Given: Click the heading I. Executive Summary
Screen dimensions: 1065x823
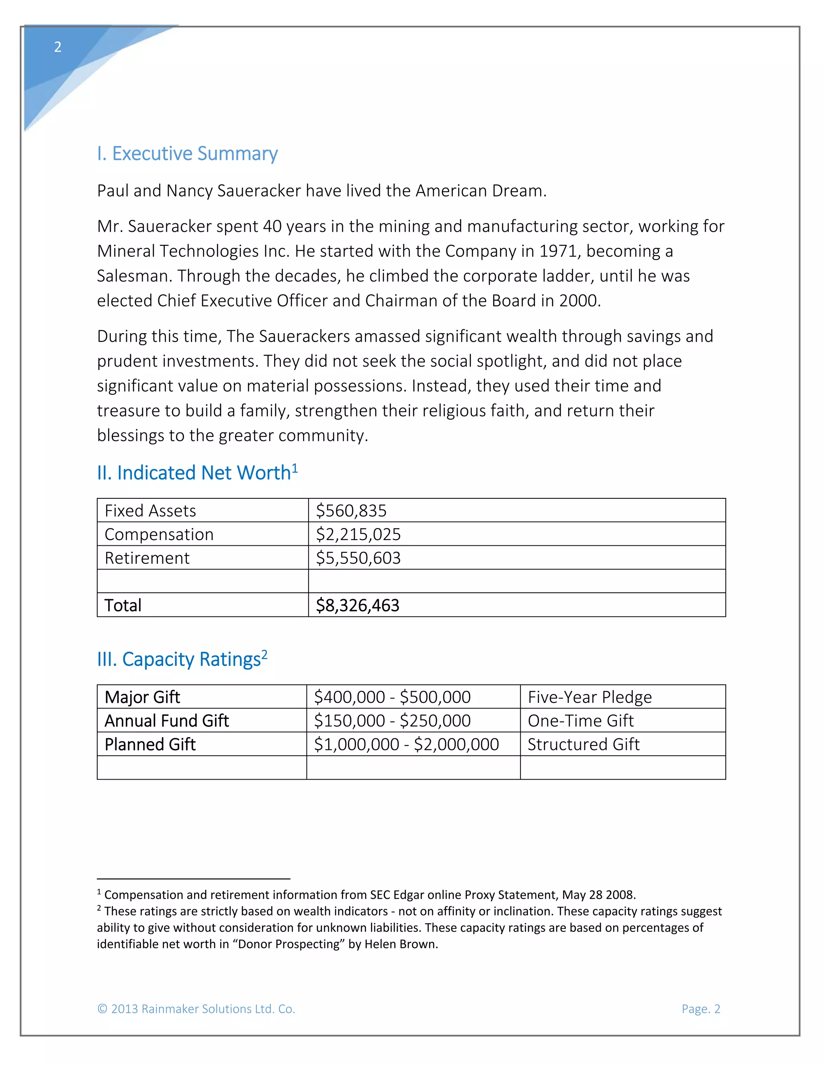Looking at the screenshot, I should click(187, 154).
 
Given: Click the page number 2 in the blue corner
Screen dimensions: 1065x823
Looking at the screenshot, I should click(57, 47).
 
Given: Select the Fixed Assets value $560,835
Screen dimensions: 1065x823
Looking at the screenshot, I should click(351, 510).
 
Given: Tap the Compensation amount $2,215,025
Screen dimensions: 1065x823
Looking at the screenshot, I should click(358, 535).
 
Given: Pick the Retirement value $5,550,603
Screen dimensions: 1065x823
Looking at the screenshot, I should click(358, 558).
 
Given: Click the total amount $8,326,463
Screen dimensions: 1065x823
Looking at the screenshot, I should click(357, 605).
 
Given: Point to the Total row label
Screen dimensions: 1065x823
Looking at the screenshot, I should click(123, 605).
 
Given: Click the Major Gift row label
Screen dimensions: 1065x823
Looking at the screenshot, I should click(142, 697).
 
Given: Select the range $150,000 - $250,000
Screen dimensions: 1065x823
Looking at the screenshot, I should click(392, 721).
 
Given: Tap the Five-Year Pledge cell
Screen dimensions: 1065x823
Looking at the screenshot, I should click(590, 697).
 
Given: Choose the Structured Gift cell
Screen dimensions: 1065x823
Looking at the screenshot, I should click(583, 744).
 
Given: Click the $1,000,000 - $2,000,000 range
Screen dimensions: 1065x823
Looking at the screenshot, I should click(406, 744).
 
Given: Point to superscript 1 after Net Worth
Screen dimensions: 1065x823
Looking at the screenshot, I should click(295, 469).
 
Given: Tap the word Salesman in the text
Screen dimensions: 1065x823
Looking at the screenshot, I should click(133, 276).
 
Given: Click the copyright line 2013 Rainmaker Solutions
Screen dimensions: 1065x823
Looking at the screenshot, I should click(196, 1009).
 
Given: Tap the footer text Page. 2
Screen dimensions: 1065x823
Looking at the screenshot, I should click(700, 1009).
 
